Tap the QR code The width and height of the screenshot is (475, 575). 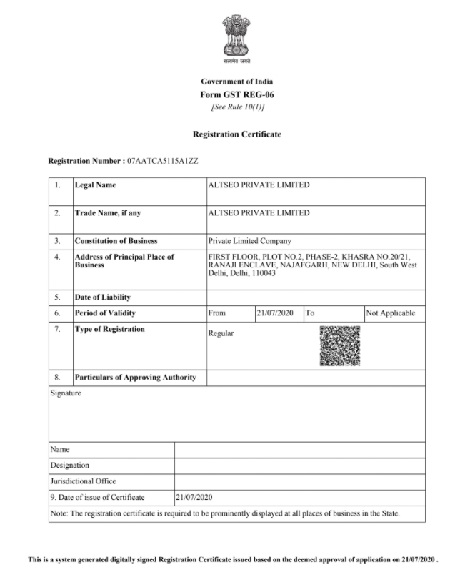tap(339, 346)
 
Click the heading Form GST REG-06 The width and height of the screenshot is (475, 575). tap(237, 94)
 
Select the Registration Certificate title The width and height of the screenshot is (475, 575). tap(237, 134)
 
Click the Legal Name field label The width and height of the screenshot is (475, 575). tap(95, 185)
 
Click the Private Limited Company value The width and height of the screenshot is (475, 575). tap(249, 241)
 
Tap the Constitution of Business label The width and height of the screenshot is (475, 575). tap(116, 241)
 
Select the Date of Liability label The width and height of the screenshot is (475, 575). tap(102, 297)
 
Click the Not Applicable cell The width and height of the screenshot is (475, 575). tap(390, 313)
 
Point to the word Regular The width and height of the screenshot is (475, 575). tap(221, 333)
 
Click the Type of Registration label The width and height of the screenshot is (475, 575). tap(109, 329)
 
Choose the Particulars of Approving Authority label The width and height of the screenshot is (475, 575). tap(135, 377)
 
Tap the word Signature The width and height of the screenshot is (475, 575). tap(66, 393)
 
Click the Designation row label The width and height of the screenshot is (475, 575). tap(70, 466)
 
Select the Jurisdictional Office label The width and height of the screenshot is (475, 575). tap(83, 481)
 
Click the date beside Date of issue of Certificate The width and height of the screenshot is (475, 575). tap(194, 497)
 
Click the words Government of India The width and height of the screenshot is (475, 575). tap(237, 82)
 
